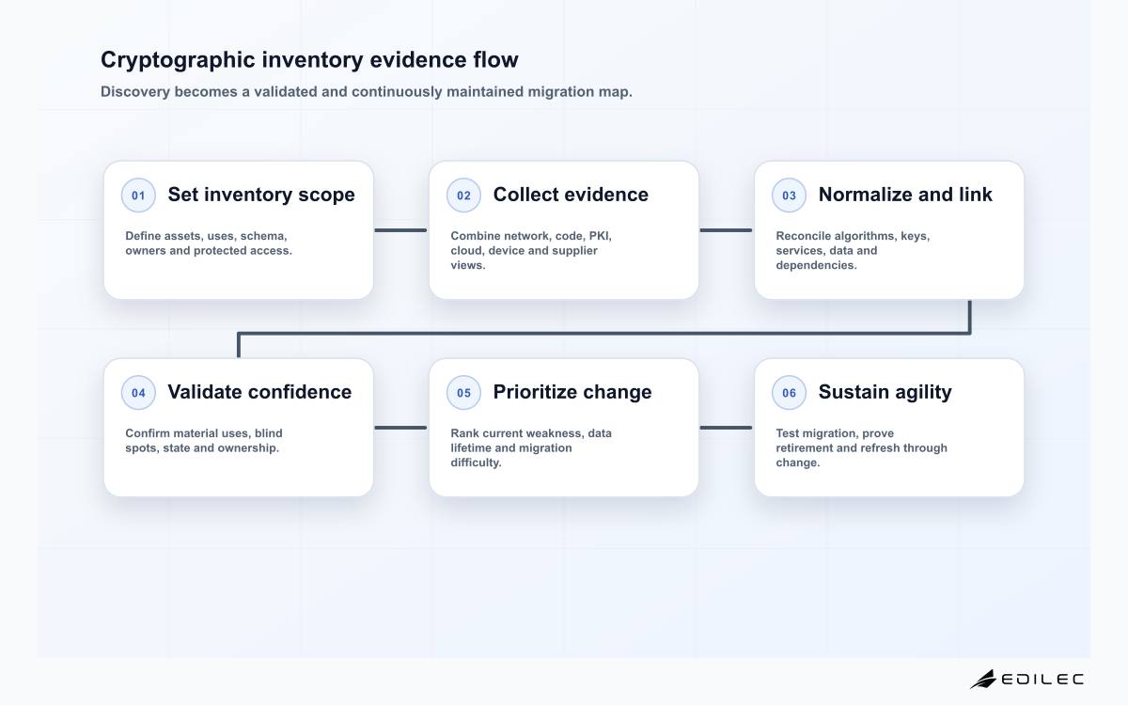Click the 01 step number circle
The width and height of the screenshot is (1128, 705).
(138, 195)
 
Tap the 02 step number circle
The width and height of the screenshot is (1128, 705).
(463, 195)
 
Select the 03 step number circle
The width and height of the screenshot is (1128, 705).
(789, 195)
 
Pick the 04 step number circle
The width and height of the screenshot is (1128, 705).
(138, 392)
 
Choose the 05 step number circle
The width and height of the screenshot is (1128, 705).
(463, 392)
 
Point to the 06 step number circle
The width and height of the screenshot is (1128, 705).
(789, 392)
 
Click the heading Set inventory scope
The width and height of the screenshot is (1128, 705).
(261, 195)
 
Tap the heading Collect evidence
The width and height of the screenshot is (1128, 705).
(571, 195)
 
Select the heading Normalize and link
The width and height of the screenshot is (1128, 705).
(905, 195)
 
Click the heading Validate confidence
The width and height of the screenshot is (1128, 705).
(259, 392)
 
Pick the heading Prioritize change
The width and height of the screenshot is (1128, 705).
(572, 392)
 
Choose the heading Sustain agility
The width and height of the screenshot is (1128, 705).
(885, 392)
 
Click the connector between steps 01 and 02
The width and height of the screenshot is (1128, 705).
(400, 230)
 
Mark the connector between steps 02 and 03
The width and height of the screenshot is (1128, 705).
(726, 230)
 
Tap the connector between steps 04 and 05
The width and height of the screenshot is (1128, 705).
(400, 428)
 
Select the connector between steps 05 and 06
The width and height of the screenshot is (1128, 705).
(726, 428)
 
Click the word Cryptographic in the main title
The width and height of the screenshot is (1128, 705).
(178, 60)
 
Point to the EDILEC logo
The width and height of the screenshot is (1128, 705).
(1026, 680)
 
